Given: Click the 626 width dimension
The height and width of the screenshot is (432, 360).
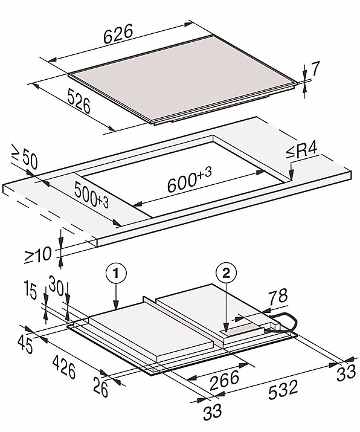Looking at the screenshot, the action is [x=118, y=33].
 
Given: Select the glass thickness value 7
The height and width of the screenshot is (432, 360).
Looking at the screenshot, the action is [x=315, y=69].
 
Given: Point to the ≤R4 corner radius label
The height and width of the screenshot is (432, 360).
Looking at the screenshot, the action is [x=301, y=152].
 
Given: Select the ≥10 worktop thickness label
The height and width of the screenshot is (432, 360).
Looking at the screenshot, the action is [x=37, y=255].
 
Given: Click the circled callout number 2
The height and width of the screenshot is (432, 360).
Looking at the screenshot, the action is [x=226, y=273].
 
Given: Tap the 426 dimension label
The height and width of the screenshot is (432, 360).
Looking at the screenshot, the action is [x=64, y=367].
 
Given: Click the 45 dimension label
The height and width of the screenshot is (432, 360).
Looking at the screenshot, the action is [x=25, y=345].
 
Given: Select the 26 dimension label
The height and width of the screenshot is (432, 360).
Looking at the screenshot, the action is [x=100, y=387].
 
